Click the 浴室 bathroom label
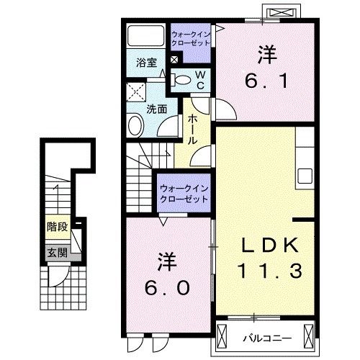(x=146, y=63)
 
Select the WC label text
(x=200, y=80)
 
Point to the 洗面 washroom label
(x=157, y=109)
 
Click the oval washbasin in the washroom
(x=135, y=125)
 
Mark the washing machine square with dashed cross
(x=136, y=92)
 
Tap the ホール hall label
(x=192, y=130)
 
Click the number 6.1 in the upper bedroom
(x=266, y=81)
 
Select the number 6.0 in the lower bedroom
(x=167, y=288)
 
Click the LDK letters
(x=270, y=246)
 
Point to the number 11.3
(x=269, y=271)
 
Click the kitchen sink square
(x=305, y=176)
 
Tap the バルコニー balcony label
(x=267, y=338)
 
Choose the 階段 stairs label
(x=58, y=227)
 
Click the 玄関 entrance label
(x=58, y=253)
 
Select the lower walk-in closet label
(x=184, y=194)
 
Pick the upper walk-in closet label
(x=191, y=39)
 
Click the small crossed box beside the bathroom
(x=174, y=60)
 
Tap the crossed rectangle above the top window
(x=281, y=12)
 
